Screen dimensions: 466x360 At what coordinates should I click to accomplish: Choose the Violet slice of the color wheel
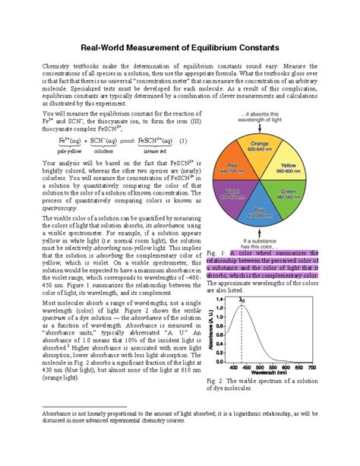(241, 195)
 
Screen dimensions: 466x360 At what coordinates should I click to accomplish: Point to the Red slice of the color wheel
(241, 168)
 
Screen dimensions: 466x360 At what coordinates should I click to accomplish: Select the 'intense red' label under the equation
(156, 151)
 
